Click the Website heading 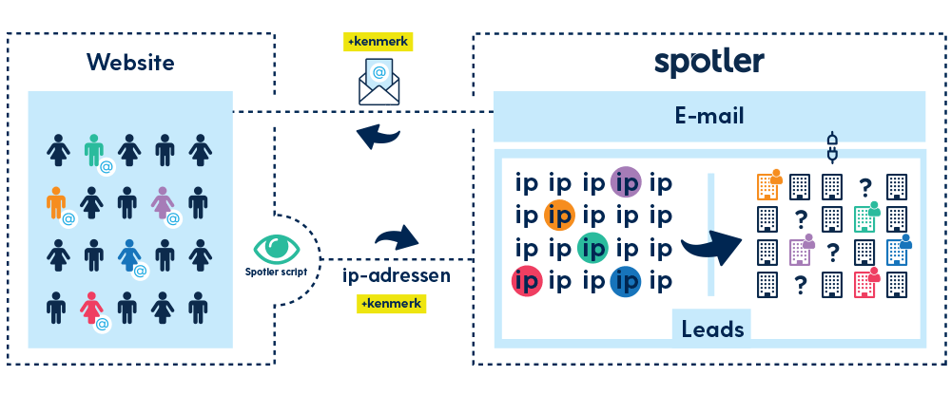tap(130, 63)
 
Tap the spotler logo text tap(708, 62)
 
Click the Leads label tap(710, 328)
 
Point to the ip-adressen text tap(396, 277)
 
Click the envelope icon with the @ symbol tap(379, 80)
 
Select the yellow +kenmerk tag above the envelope tap(379, 42)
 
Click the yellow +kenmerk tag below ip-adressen tap(392, 304)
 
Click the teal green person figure tap(93, 149)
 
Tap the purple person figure tap(164, 202)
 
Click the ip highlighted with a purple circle tap(626, 181)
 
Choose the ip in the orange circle tap(560, 216)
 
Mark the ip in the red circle tap(526, 281)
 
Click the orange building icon tap(767, 185)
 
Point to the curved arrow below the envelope tap(378, 138)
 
